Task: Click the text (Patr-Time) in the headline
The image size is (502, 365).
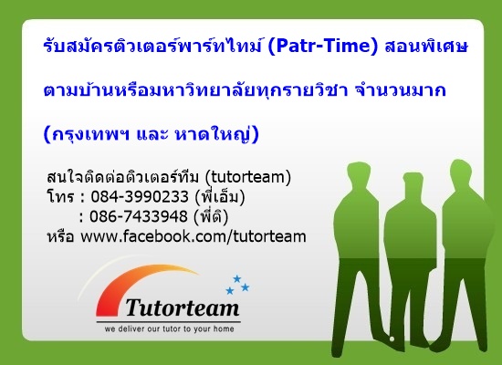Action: pos(323,47)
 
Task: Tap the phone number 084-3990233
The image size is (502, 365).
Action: pos(140,196)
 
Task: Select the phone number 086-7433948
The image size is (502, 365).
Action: pos(139,216)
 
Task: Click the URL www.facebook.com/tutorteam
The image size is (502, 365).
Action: pos(193,236)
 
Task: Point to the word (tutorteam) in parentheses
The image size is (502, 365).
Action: pos(247,177)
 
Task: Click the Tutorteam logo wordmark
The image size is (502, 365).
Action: pos(183,308)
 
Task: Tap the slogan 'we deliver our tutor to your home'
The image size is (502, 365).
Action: pos(169,328)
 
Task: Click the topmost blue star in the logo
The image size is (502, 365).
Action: pos(237,278)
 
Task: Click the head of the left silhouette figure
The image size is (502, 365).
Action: pos(360,175)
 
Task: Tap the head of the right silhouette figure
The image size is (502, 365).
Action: pos(461,172)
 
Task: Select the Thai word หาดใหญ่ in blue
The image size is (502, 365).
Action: pos(217,134)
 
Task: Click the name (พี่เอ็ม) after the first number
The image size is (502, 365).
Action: pos(220,196)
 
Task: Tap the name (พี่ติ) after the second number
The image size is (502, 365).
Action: pos(211,216)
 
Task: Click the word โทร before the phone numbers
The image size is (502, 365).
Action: pos(60,196)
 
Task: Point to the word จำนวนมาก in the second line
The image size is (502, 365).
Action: pos(401,90)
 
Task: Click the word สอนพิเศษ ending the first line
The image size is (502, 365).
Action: pos(426,47)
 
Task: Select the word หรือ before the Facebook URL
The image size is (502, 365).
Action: pos(60,237)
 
